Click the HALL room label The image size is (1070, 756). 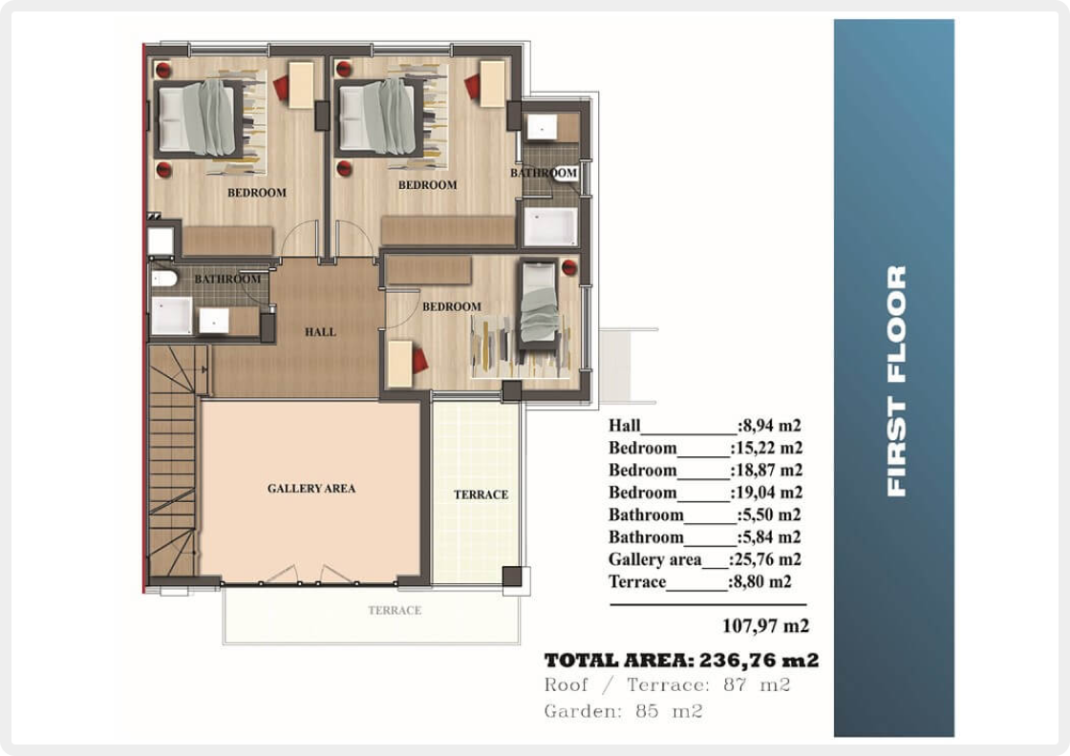click(320, 332)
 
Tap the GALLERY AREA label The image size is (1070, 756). click(311, 488)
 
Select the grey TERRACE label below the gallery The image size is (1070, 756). click(395, 610)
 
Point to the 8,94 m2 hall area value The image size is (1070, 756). click(769, 426)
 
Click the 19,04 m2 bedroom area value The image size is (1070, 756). click(766, 493)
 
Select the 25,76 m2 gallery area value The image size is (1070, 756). click(765, 559)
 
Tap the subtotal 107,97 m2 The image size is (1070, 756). click(765, 625)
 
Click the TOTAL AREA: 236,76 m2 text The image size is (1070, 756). click(681, 660)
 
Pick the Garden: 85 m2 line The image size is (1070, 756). click(623, 711)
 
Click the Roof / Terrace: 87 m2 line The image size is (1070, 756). click(668, 684)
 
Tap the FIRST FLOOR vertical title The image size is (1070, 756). click(896, 380)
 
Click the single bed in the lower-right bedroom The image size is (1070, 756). click(539, 305)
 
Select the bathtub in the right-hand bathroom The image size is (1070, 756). click(550, 225)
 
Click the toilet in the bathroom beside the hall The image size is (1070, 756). click(163, 278)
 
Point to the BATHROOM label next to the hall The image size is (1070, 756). click(227, 279)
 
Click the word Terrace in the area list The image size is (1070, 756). click(636, 581)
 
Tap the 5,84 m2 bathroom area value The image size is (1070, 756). click(769, 537)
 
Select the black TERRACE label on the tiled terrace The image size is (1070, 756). click(481, 494)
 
